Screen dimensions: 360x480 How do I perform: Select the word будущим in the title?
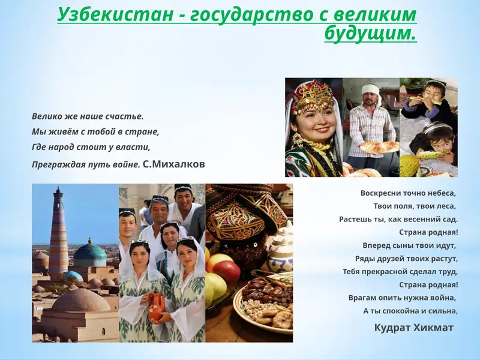370,34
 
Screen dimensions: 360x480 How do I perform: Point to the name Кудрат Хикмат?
413,328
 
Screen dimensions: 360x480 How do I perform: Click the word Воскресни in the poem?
382,193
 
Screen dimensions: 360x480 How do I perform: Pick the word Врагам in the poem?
363,298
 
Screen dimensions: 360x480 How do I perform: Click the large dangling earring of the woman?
297,141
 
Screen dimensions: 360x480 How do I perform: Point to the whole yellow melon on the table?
410,165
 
